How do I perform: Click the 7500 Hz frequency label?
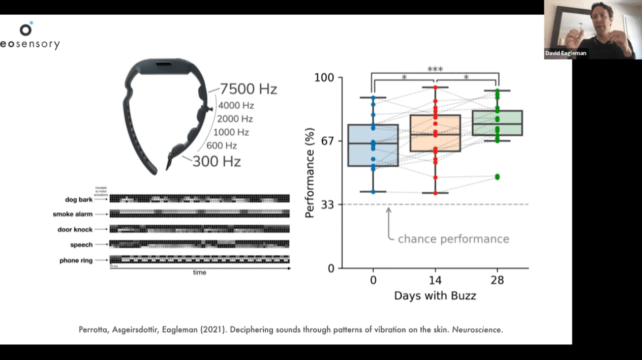249,89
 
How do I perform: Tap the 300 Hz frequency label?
217,161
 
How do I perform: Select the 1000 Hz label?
231,132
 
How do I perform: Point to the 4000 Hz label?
235,106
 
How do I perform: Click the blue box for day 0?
373,145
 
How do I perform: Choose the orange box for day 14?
435,133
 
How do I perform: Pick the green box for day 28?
498,123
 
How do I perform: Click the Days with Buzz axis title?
435,295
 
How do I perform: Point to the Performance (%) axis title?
310,173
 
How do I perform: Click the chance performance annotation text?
453,238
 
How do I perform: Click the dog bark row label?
79,199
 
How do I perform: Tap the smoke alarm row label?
73,215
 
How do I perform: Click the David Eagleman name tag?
566,53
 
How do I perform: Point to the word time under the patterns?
200,273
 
